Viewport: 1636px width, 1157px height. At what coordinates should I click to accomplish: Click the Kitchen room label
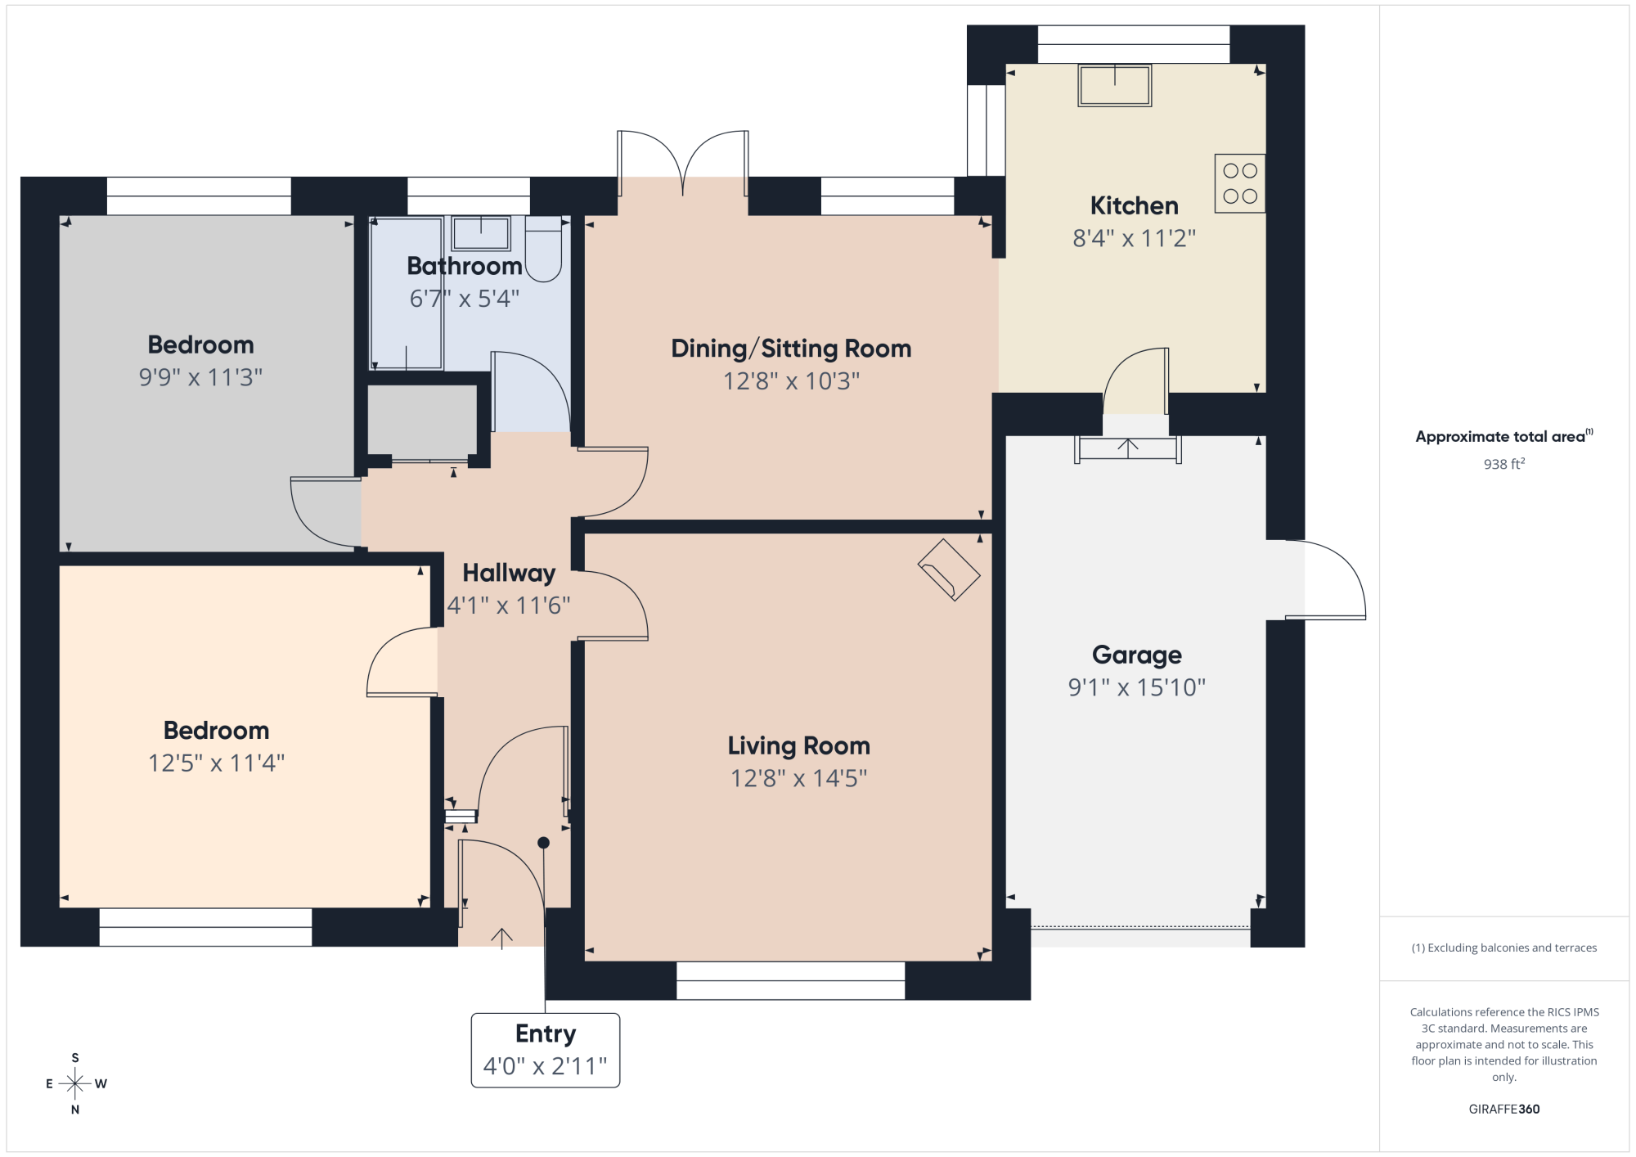coord(1134,205)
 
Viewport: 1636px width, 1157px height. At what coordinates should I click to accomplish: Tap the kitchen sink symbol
coord(1115,86)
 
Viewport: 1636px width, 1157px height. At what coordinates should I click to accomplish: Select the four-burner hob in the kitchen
coord(1240,183)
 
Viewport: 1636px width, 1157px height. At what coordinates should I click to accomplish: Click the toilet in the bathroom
coord(543,250)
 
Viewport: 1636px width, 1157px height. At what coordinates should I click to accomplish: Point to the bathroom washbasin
coord(481,234)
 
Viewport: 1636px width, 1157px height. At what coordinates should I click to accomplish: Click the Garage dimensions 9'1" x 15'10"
coord(1137,687)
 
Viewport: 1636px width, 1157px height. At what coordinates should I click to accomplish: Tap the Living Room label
coord(799,745)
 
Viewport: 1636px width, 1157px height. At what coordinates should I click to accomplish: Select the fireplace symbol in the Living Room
coord(949,570)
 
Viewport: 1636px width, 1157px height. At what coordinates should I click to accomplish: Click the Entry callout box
coord(546,1051)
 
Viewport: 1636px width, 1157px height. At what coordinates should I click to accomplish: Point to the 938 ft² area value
coord(1504,464)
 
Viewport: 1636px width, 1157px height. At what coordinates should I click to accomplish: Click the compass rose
coord(75,1084)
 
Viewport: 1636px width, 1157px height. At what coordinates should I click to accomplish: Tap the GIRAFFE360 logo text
coord(1504,1110)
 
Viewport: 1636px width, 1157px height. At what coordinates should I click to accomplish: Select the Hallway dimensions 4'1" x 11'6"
coord(509,606)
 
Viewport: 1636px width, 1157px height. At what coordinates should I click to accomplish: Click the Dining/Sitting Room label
coord(791,349)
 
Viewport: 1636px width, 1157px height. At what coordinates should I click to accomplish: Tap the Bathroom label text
coord(465,266)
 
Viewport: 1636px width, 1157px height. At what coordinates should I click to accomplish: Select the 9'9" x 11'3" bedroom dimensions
coord(200,377)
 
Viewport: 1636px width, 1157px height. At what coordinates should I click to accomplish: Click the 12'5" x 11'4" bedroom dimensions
coord(216,763)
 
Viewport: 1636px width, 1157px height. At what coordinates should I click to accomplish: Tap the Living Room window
coord(791,980)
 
